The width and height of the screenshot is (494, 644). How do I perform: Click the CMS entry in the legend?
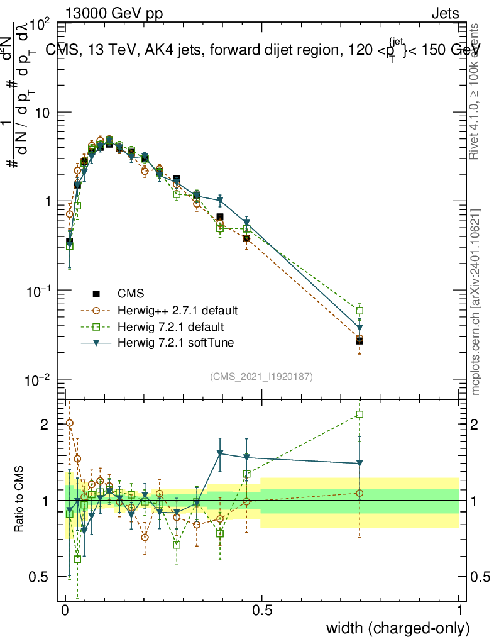[x=131, y=293]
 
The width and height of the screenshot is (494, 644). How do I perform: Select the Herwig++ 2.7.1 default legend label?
[x=178, y=310]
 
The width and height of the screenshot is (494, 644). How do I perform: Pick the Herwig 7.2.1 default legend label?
[x=171, y=327]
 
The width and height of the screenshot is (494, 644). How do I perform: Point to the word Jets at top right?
[x=444, y=14]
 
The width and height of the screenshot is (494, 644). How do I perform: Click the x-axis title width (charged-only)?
[x=397, y=628]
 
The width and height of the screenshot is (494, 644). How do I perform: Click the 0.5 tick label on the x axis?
[x=262, y=611]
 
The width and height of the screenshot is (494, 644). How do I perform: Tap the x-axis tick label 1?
[x=459, y=611]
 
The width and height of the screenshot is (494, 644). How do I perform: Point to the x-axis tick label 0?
[x=65, y=611]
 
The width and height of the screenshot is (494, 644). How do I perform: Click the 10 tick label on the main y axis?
[x=43, y=113]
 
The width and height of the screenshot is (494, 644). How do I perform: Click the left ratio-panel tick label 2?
[x=44, y=425]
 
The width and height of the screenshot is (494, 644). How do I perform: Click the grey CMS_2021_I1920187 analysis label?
[x=261, y=377]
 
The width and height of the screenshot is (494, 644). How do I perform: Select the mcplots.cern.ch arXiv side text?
[x=476, y=302]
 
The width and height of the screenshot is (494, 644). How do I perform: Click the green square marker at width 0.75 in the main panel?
[x=360, y=311]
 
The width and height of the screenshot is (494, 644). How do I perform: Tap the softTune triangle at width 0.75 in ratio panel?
[x=360, y=464]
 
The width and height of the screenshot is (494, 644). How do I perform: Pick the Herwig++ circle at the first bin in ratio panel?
[x=69, y=423]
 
